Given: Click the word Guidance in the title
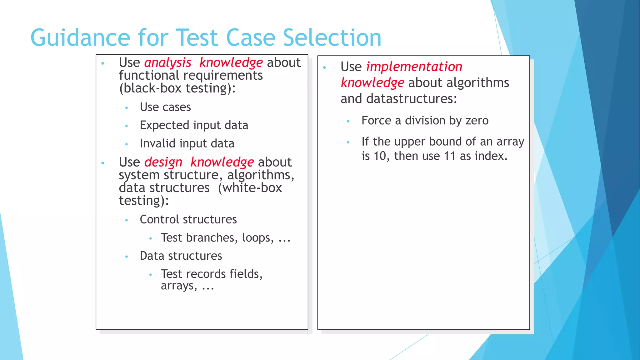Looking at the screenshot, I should pyautogui.click(x=80, y=38).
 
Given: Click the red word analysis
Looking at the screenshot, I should pyautogui.click(x=167, y=63).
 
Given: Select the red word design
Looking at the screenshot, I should pyautogui.click(x=163, y=162).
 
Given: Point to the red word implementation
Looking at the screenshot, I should pyautogui.click(x=414, y=67).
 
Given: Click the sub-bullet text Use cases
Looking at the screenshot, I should pyautogui.click(x=165, y=107).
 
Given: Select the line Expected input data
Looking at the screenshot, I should pyautogui.click(x=194, y=125).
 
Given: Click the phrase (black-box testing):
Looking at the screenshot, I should pyautogui.click(x=177, y=88).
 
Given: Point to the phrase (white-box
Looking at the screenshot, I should pyautogui.click(x=250, y=188).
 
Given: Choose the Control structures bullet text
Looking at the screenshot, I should pyautogui.click(x=188, y=219).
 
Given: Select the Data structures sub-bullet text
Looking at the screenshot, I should pyautogui.click(x=181, y=256).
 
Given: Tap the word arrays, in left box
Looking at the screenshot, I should pyautogui.click(x=179, y=286).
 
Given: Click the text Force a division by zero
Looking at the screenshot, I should pyautogui.click(x=425, y=121).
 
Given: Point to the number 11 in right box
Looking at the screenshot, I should pyautogui.click(x=450, y=156).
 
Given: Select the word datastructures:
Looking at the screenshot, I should pyautogui.click(x=412, y=99).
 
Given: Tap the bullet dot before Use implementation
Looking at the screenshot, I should pyautogui.click(x=324, y=67).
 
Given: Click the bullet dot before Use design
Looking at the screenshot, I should pyautogui.click(x=103, y=163).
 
